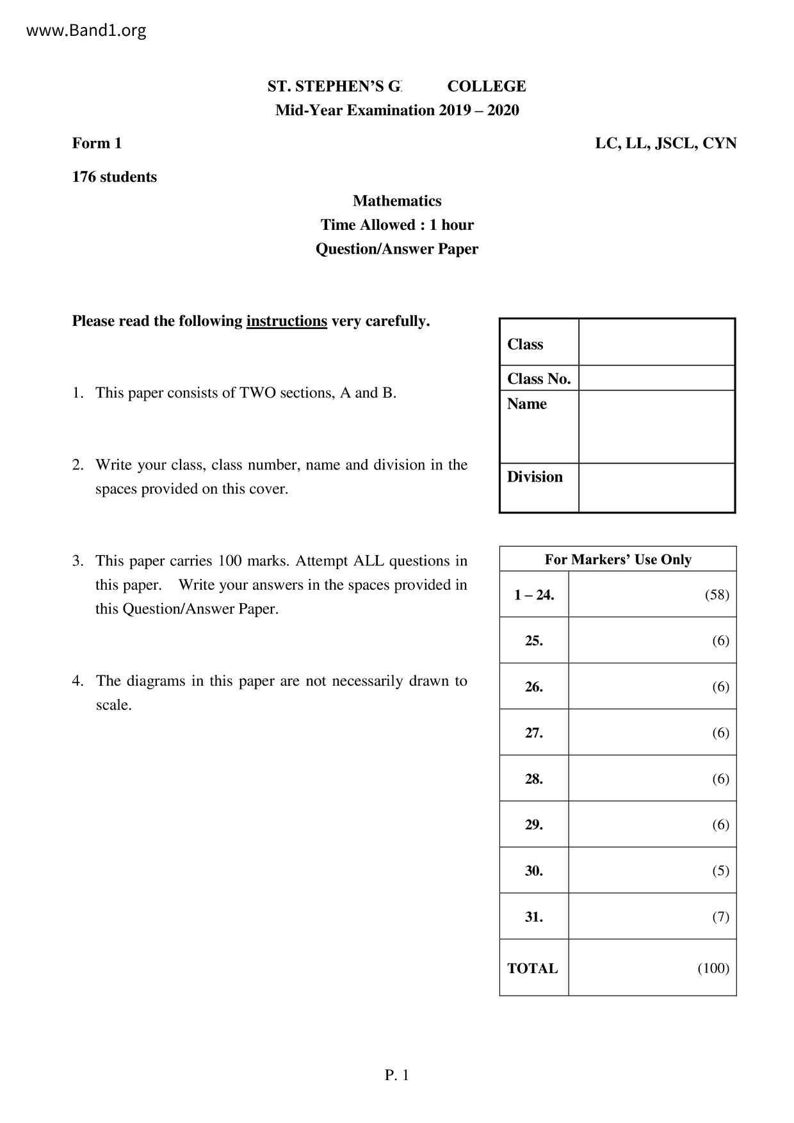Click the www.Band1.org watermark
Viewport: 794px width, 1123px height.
point(86,30)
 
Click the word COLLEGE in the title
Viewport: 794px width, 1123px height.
point(487,86)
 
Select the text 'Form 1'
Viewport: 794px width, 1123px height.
point(97,143)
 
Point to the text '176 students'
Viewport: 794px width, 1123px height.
point(115,177)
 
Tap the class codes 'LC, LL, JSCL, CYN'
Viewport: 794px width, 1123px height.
point(665,143)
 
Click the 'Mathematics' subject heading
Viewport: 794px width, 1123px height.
point(397,201)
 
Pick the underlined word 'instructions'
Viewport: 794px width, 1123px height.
point(286,321)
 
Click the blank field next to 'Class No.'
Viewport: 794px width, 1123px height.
point(656,378)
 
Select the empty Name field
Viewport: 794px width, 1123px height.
point(656,426)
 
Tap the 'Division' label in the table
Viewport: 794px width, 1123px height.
point(535,477)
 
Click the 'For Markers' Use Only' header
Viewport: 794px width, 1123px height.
point(618,560)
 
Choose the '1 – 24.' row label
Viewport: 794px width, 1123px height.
point(534,595)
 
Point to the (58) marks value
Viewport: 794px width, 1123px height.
point(717,595)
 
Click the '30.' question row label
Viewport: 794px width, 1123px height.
point(534,871)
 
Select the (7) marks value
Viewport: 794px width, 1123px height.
point(720,917)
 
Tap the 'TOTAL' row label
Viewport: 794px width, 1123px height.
point(532,969)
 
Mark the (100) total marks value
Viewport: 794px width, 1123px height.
point(713,968)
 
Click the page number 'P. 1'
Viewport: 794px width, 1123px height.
point(397,1076)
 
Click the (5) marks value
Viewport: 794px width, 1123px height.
point(720,871)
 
